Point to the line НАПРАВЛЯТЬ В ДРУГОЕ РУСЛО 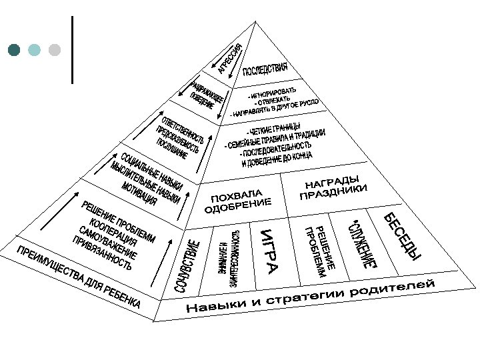point(275,109)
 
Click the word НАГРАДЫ point(332,182)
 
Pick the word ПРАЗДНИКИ point(333,193)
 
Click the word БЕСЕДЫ point(403,236)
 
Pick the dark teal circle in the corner point(14,50)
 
